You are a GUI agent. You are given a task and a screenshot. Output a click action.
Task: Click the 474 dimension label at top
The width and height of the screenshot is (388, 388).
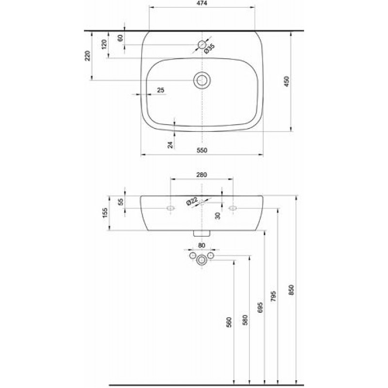click(x=202, y=3)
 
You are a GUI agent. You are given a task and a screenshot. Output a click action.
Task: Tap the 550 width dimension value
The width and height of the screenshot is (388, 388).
click(x=202, y=150)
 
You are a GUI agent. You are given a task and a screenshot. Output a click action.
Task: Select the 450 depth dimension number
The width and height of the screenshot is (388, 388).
click(x=286, y=81)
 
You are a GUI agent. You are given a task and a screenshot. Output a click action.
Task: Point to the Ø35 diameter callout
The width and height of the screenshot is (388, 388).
click(x=210, y=48)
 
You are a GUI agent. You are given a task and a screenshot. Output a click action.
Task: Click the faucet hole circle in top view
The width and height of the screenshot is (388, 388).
click(x=202, y=45)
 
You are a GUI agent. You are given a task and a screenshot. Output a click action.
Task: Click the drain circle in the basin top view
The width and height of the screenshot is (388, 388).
click(x=202, y=80)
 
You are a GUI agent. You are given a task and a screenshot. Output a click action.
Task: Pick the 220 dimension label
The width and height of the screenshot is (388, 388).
click(x=88, y=56)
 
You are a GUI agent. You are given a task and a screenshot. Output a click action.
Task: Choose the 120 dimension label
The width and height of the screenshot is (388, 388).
click(x=104, y=45)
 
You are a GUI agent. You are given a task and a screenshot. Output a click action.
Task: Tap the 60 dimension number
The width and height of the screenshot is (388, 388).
click(x=120, y=38)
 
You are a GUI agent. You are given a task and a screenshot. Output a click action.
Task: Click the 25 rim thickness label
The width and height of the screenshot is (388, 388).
click(x=161, y=90)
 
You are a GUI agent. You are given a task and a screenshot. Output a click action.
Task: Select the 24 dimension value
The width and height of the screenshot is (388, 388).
click(x=170, y=145)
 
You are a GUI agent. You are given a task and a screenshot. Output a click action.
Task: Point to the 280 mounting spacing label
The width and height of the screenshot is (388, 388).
click(x=202, y=175)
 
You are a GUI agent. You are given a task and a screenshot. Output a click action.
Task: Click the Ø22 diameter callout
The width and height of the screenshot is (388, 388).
click(x=192, y=201)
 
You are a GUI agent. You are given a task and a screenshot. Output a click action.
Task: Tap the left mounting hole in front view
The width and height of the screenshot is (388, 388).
click(x=171, y=208)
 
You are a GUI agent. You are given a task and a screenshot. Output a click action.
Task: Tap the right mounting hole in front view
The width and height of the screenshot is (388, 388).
click(x=233, y=208)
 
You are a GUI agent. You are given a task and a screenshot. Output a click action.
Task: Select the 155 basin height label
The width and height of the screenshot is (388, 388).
click(x=105, y=213)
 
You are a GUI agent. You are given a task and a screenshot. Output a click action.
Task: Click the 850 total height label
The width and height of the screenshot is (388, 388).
click(x=291, y=290)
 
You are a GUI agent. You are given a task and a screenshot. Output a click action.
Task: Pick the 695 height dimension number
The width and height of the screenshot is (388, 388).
click(x=260, y=307)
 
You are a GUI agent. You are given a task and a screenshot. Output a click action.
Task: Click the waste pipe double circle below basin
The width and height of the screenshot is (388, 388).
click(x=202, y=260)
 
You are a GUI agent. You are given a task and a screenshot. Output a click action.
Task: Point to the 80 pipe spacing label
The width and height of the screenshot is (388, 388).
click(x=202, y=245)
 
